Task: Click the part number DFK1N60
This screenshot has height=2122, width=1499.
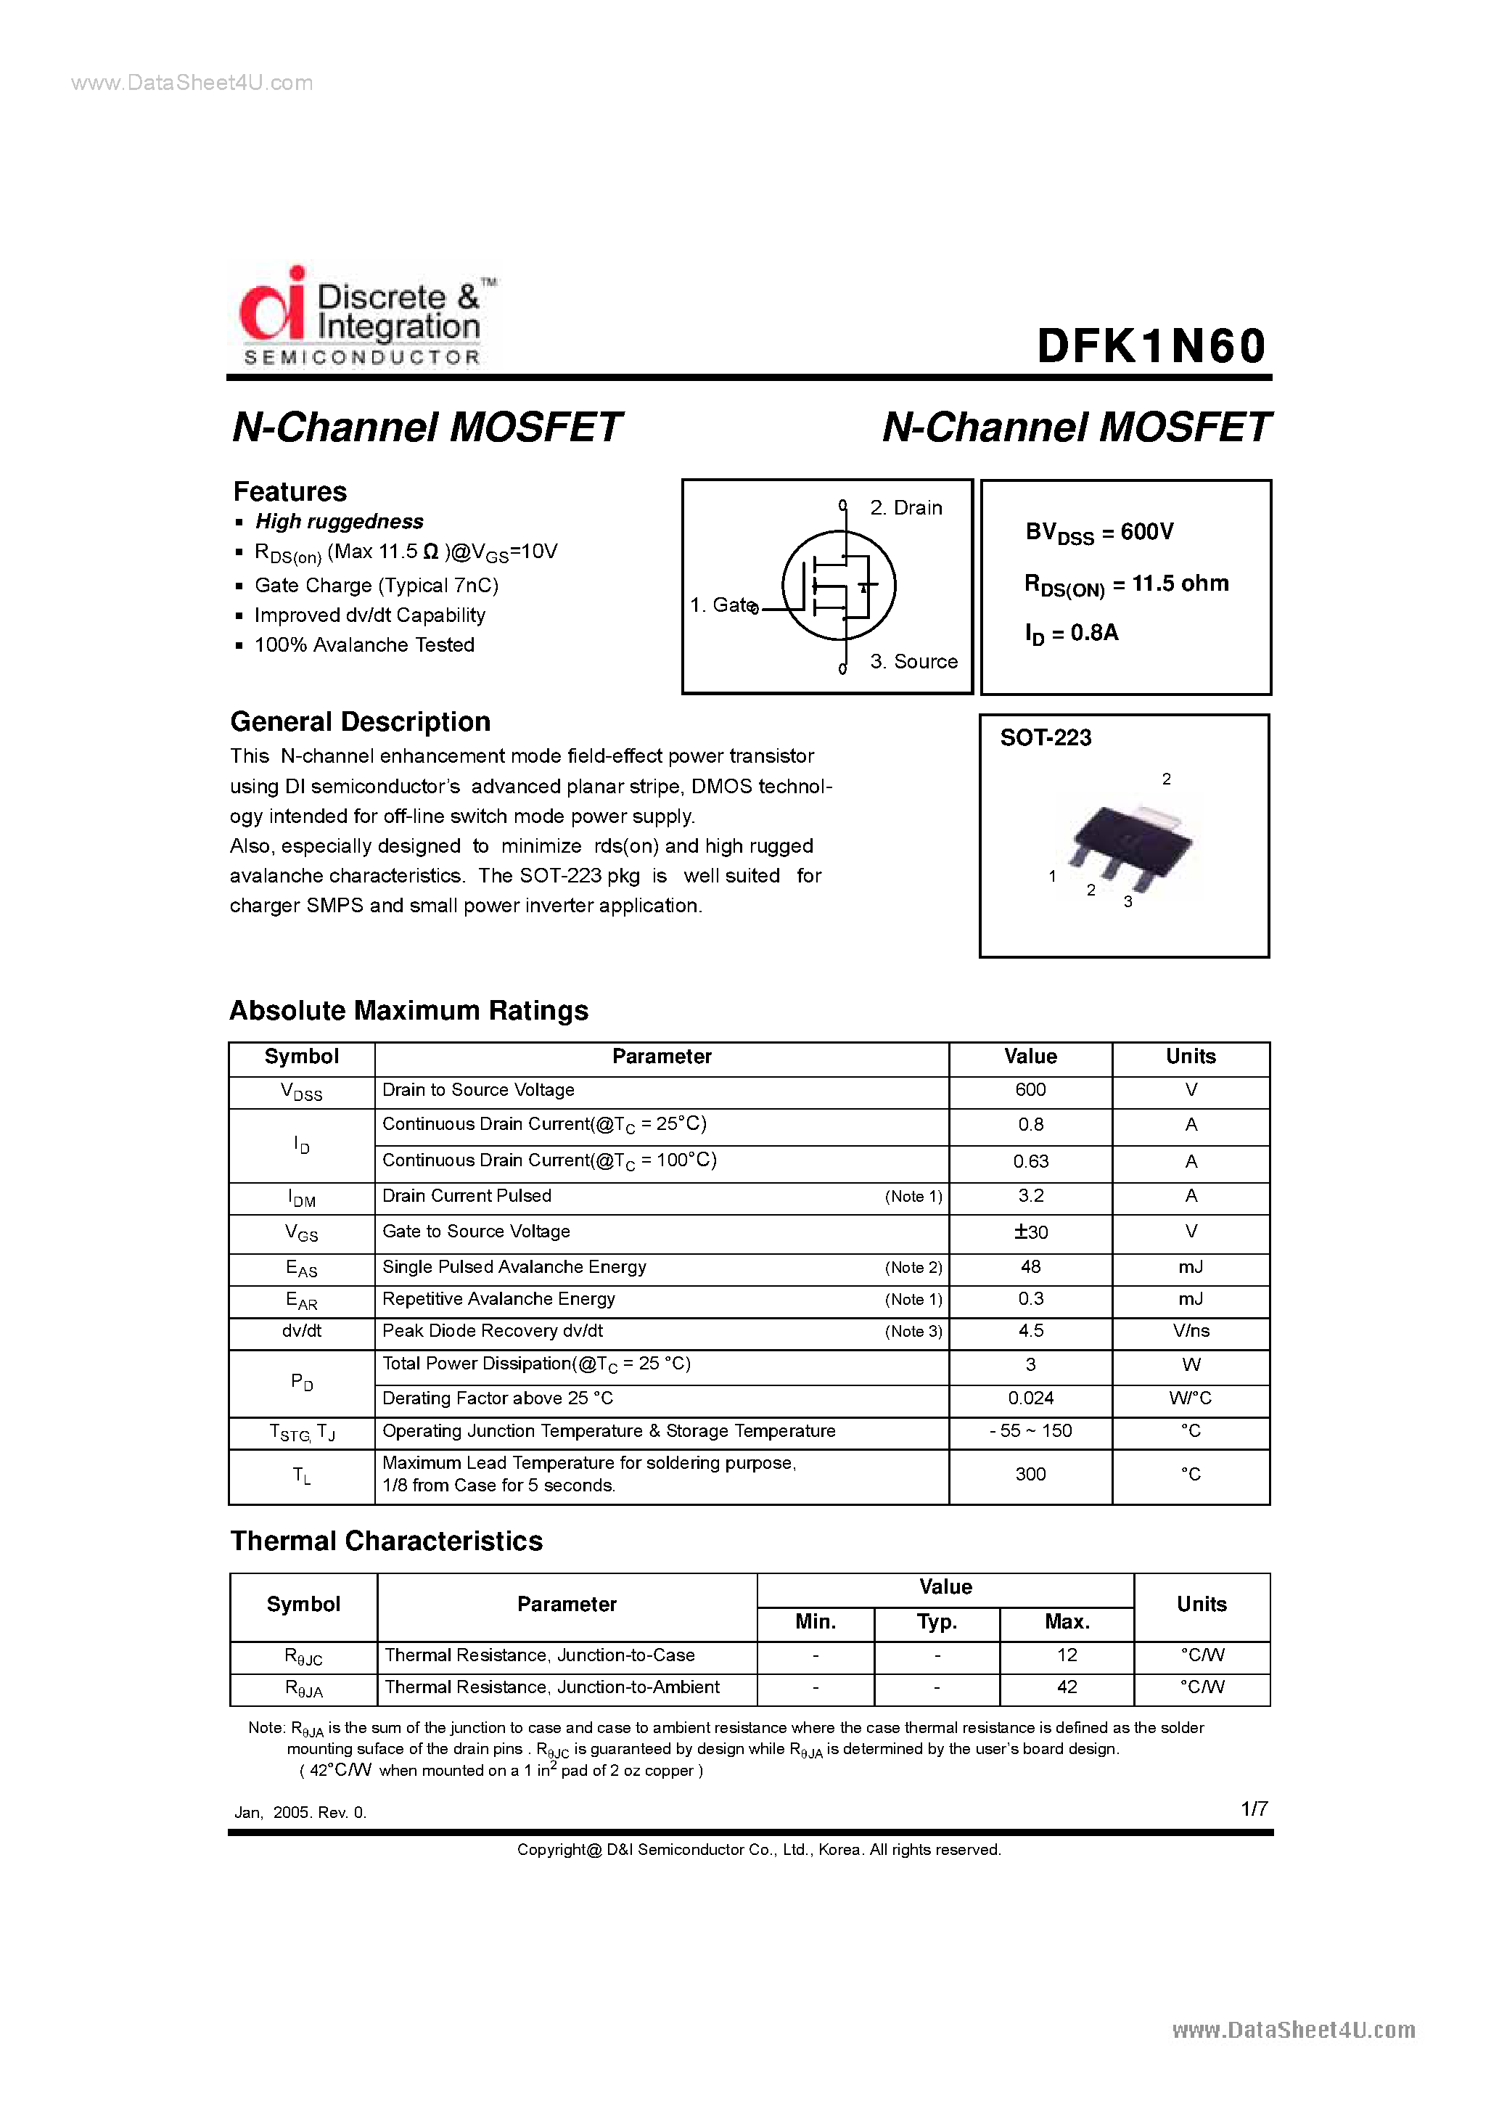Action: click(1151, 347)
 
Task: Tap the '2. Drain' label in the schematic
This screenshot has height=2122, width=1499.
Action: click(905, 507)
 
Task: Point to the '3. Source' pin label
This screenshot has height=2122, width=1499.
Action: click(913, 662)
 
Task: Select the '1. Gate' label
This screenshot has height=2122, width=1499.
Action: click(723, 605)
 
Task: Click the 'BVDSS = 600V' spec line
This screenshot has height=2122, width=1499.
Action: click(1098, 533)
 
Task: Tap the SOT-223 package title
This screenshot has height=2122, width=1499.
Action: click(1046, 737)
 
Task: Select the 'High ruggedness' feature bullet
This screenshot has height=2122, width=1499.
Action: click(339, 521)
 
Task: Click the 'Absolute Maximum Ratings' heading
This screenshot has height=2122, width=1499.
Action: click(408, 1010)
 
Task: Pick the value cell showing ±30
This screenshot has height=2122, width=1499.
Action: click(1030, 1232)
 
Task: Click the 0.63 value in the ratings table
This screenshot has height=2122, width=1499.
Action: click(1030, 1162)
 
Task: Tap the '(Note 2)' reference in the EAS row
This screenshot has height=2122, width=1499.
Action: click(913, 1267)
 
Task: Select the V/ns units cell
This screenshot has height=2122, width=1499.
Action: click(1191, 1331)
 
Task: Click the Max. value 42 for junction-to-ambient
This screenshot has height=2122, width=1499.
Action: click(1067, 1687)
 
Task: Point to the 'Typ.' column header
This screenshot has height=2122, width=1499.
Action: click(936, 1622)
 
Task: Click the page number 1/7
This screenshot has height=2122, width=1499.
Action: click(1253, 1808)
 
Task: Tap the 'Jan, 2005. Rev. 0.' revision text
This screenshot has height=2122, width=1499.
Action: click(300, 1812)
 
